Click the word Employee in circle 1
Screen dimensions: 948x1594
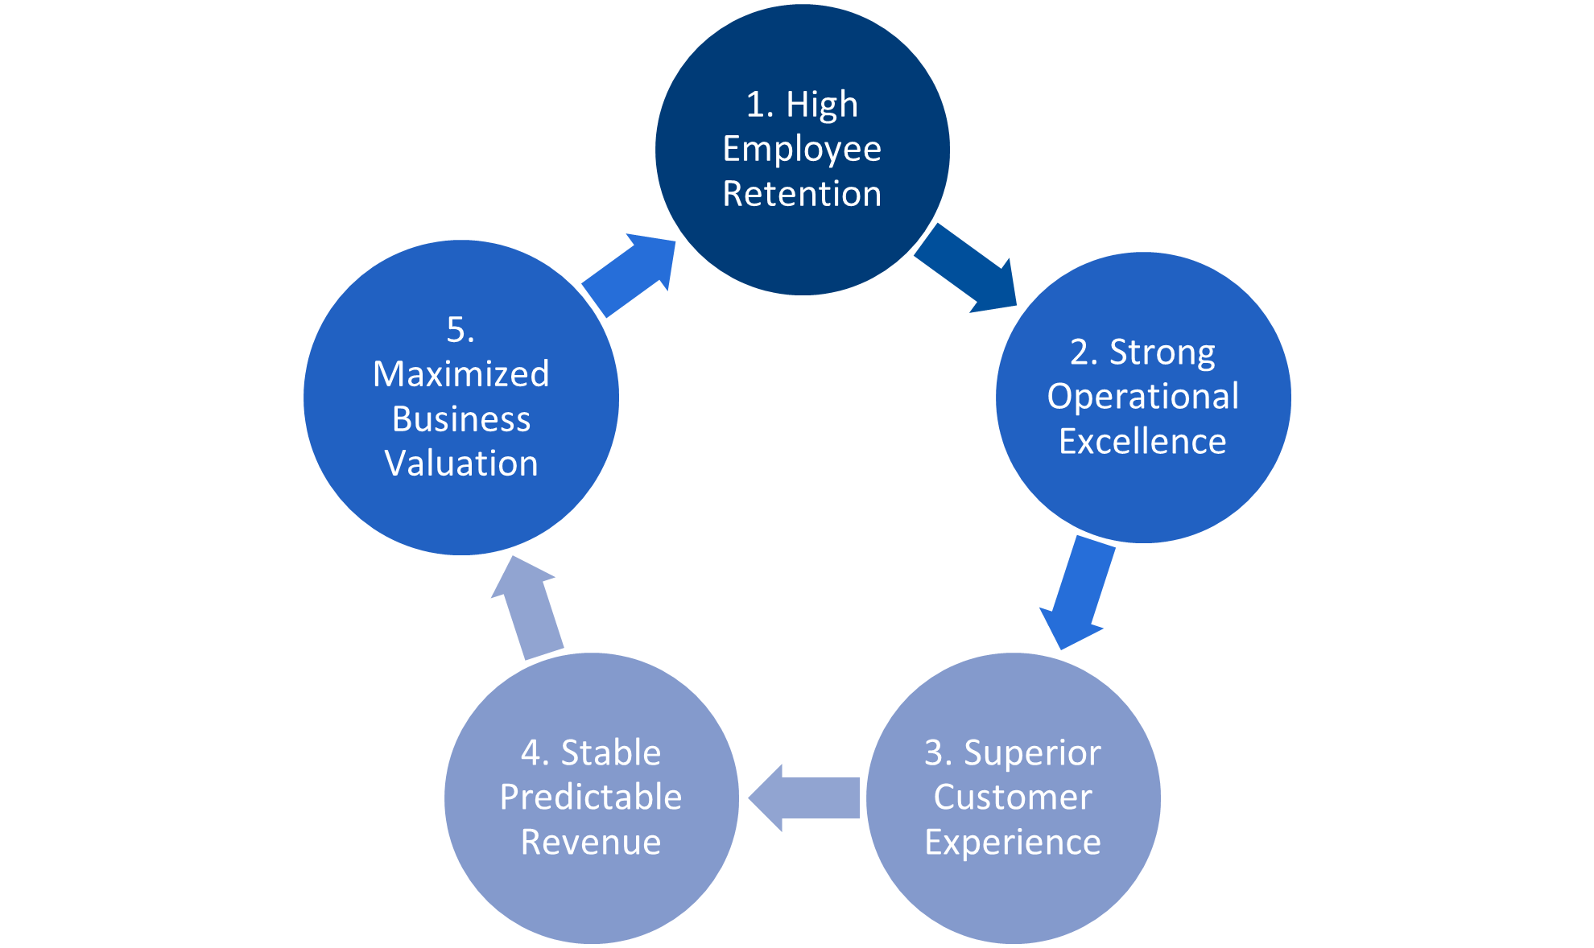802,150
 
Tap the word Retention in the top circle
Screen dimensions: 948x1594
802,194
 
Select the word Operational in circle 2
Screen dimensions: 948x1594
1143,397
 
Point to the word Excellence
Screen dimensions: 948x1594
1142,442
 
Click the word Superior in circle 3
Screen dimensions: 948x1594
1032,753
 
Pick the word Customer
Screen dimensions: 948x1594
1013,798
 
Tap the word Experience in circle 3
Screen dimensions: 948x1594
1013,843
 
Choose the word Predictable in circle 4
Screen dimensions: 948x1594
591,798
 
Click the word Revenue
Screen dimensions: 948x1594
591,843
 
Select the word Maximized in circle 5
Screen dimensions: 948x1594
460,374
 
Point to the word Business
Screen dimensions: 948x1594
461,419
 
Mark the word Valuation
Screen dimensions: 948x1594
461,464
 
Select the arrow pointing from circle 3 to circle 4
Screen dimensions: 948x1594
804,798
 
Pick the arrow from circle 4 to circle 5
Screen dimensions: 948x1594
528,608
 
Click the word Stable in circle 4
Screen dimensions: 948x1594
611,753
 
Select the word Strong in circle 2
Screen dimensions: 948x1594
1162,352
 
